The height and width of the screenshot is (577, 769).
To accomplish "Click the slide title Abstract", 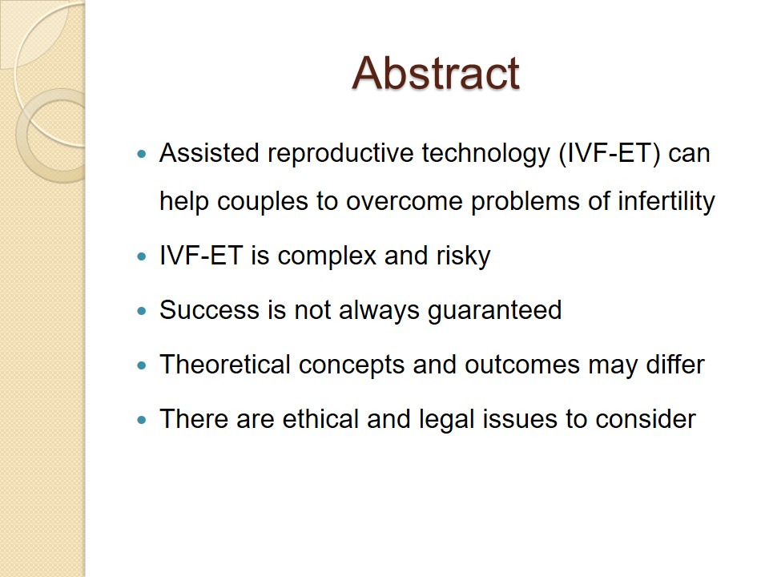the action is tap(436, 73).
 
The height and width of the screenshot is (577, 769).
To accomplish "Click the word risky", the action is tap(464, 256).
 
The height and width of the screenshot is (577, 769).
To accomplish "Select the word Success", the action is tap(209, 310).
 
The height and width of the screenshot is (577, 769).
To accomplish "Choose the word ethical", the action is tap(320, 419).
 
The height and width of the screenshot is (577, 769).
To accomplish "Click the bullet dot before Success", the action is tap(143, 311).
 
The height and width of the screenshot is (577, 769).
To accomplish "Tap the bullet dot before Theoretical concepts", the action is tap(143, 365).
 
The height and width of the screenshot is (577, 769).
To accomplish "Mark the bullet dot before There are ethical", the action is tap(143, 420).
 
